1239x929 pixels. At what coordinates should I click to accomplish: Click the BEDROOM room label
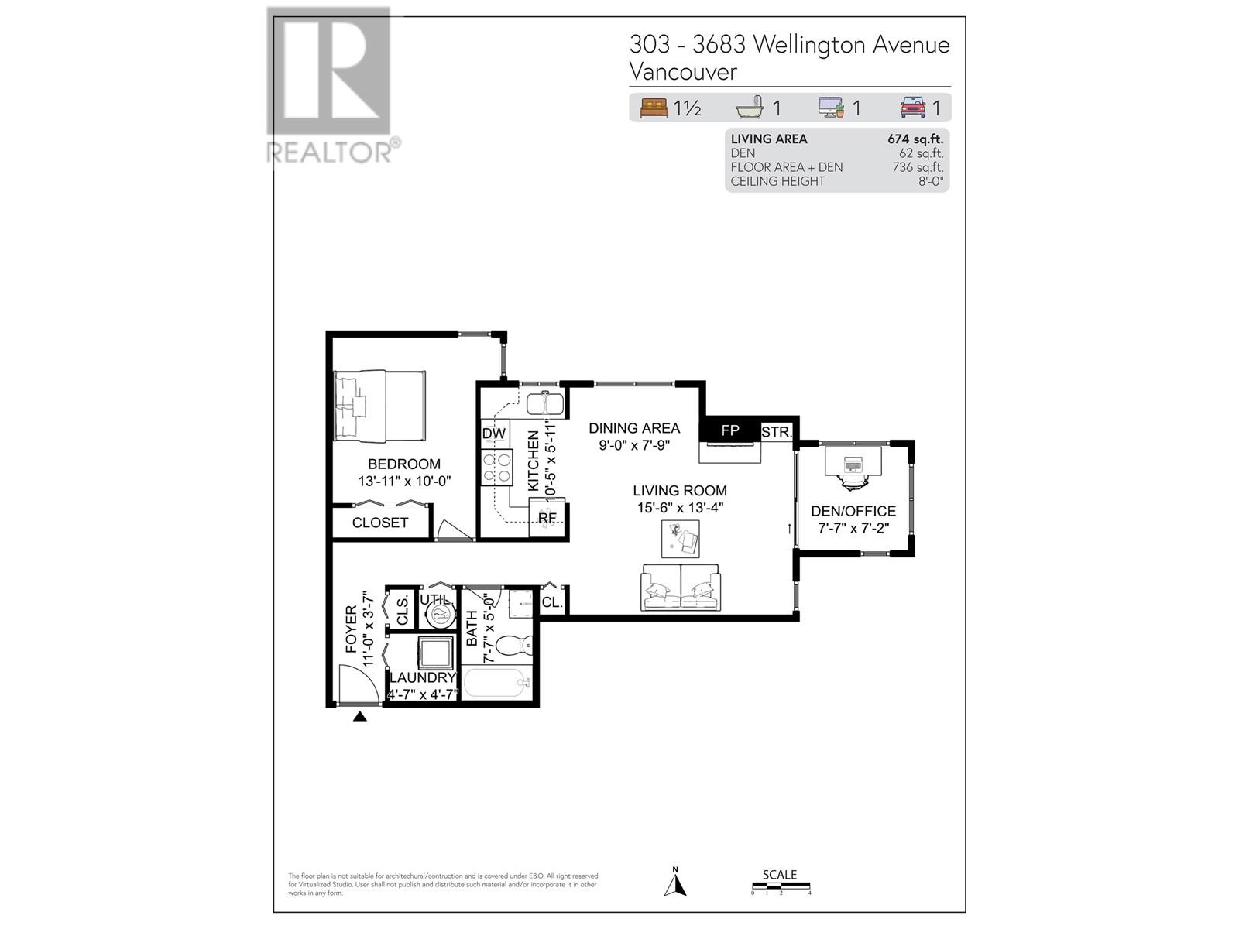point(403,464)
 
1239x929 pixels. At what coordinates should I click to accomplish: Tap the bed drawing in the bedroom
point(379,406)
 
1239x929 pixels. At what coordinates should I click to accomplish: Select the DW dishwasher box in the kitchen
point(494,434)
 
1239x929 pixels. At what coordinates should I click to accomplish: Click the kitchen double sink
point(545,404)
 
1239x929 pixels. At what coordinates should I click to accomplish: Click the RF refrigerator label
point(547,518)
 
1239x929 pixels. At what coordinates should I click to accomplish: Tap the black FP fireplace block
point(729,430)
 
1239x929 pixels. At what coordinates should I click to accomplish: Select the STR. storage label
point(775,432)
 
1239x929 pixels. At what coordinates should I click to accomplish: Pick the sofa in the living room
point(681,588)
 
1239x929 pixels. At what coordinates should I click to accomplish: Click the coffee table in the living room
point(680,538)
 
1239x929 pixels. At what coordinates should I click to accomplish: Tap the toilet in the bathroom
point(513,645)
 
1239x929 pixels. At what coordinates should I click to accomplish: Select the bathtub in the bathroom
point(496,684)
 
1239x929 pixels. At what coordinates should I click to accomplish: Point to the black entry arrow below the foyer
point(359,717)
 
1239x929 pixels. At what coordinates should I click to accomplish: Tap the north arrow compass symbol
point(675,883)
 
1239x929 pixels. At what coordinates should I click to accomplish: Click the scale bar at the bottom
point(781,886)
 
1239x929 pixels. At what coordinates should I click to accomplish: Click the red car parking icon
point(913,108)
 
